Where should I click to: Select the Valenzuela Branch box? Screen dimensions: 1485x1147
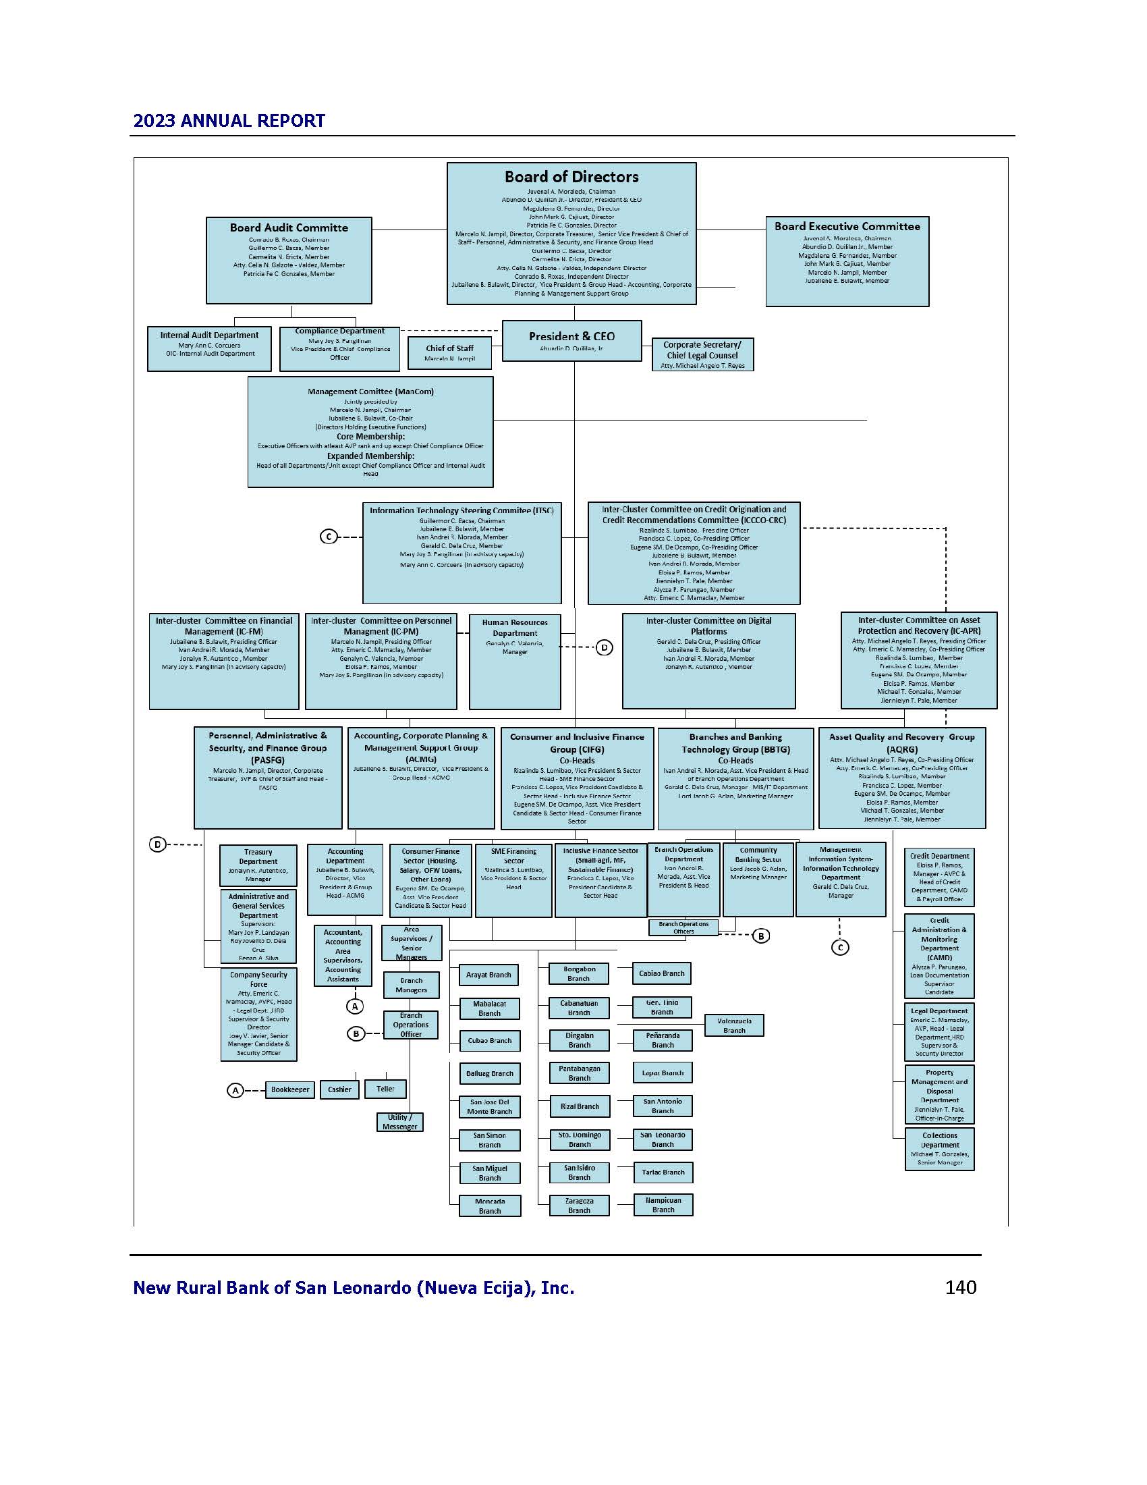coord(734,1025)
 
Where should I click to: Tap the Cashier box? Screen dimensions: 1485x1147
coord(340,1089)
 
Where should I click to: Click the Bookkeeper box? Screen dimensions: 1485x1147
coord(290,1089)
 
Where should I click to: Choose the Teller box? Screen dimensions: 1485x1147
coord(385,1089)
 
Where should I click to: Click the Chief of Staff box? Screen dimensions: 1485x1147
coord(449,353)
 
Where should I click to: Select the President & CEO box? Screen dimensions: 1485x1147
coord(571,341)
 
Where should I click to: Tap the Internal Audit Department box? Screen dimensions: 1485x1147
coord(209,348)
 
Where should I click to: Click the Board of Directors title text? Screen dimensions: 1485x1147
coord(571,177)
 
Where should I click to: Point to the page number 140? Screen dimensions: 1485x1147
coord(960,1287)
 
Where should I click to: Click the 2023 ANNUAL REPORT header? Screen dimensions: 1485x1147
coord(229,121)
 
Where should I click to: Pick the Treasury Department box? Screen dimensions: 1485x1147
coord(258,865)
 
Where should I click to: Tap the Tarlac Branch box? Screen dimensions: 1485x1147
coord(663,1172)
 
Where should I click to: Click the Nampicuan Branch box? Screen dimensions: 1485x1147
coord(663,1205)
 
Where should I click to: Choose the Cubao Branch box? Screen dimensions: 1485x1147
coord(489,1041)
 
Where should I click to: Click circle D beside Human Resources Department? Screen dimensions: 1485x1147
coord(604,647)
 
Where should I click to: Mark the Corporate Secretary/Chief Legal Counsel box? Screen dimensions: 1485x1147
coord(702,354)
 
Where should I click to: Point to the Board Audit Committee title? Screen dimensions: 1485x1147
coord(289,227)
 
